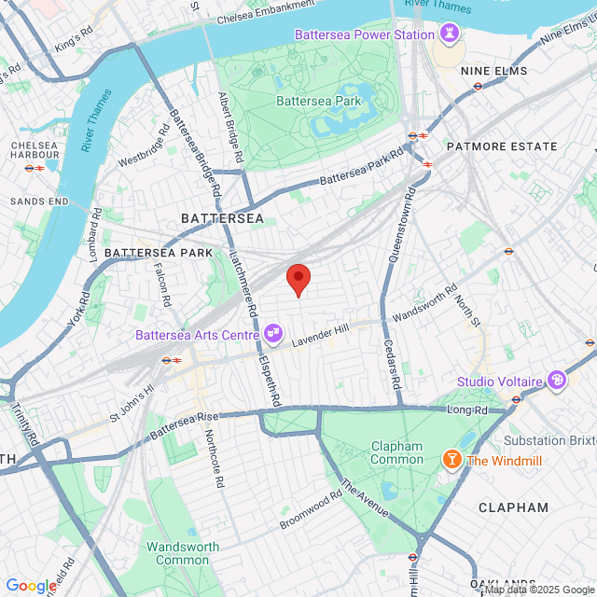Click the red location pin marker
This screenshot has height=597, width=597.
click(x=298, y=279)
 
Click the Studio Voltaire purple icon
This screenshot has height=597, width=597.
click(x=557, y=381)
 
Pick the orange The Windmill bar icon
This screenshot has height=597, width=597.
click(x=451, y=460)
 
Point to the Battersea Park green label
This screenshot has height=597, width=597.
click(x=313, y=100)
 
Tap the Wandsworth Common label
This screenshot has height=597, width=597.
click(x=182, y=553)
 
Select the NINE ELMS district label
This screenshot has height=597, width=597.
click(x=500, y=71)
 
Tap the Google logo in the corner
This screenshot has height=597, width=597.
click(x=30, y=585)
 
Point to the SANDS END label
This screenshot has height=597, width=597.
click(x=34, y=201)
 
